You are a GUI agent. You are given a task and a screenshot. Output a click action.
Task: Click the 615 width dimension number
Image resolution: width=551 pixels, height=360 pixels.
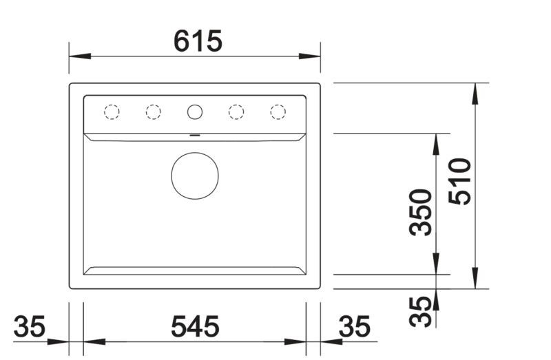(198, 42)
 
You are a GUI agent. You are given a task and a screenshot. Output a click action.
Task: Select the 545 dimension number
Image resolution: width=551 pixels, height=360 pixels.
(195, 327)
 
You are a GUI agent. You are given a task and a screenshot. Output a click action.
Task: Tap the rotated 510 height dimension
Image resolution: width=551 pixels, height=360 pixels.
(459, 181)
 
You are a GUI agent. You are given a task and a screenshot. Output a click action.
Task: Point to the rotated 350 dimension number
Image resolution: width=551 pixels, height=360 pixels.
(420, 212)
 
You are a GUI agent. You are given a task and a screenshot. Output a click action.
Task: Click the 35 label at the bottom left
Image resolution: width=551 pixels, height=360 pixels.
(30, 327)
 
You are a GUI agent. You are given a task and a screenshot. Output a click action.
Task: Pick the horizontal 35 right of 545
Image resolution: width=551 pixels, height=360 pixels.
(355, 327)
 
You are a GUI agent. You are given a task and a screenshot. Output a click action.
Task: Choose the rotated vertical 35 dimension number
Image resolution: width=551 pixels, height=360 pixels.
(420, 311)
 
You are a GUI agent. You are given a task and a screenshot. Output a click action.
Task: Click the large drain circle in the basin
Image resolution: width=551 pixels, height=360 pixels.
(195, 176)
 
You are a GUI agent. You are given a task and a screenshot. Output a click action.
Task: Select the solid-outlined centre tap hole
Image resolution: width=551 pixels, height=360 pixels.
(195, 112)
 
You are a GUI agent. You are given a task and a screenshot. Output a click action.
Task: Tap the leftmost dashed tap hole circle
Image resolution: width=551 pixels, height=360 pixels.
(112, 112)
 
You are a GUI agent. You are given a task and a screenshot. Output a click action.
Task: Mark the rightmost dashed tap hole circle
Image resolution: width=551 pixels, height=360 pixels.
(278, 112)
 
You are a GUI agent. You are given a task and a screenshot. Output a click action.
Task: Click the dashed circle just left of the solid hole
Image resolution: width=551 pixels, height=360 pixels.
(153, 112)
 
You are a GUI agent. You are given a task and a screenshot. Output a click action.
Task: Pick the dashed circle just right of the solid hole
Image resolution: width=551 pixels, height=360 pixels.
(236, 112)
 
